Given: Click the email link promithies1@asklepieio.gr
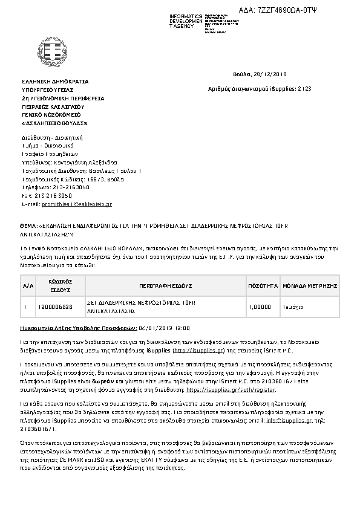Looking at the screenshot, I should coord(79,205).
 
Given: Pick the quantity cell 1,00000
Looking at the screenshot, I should coord(260,307).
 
